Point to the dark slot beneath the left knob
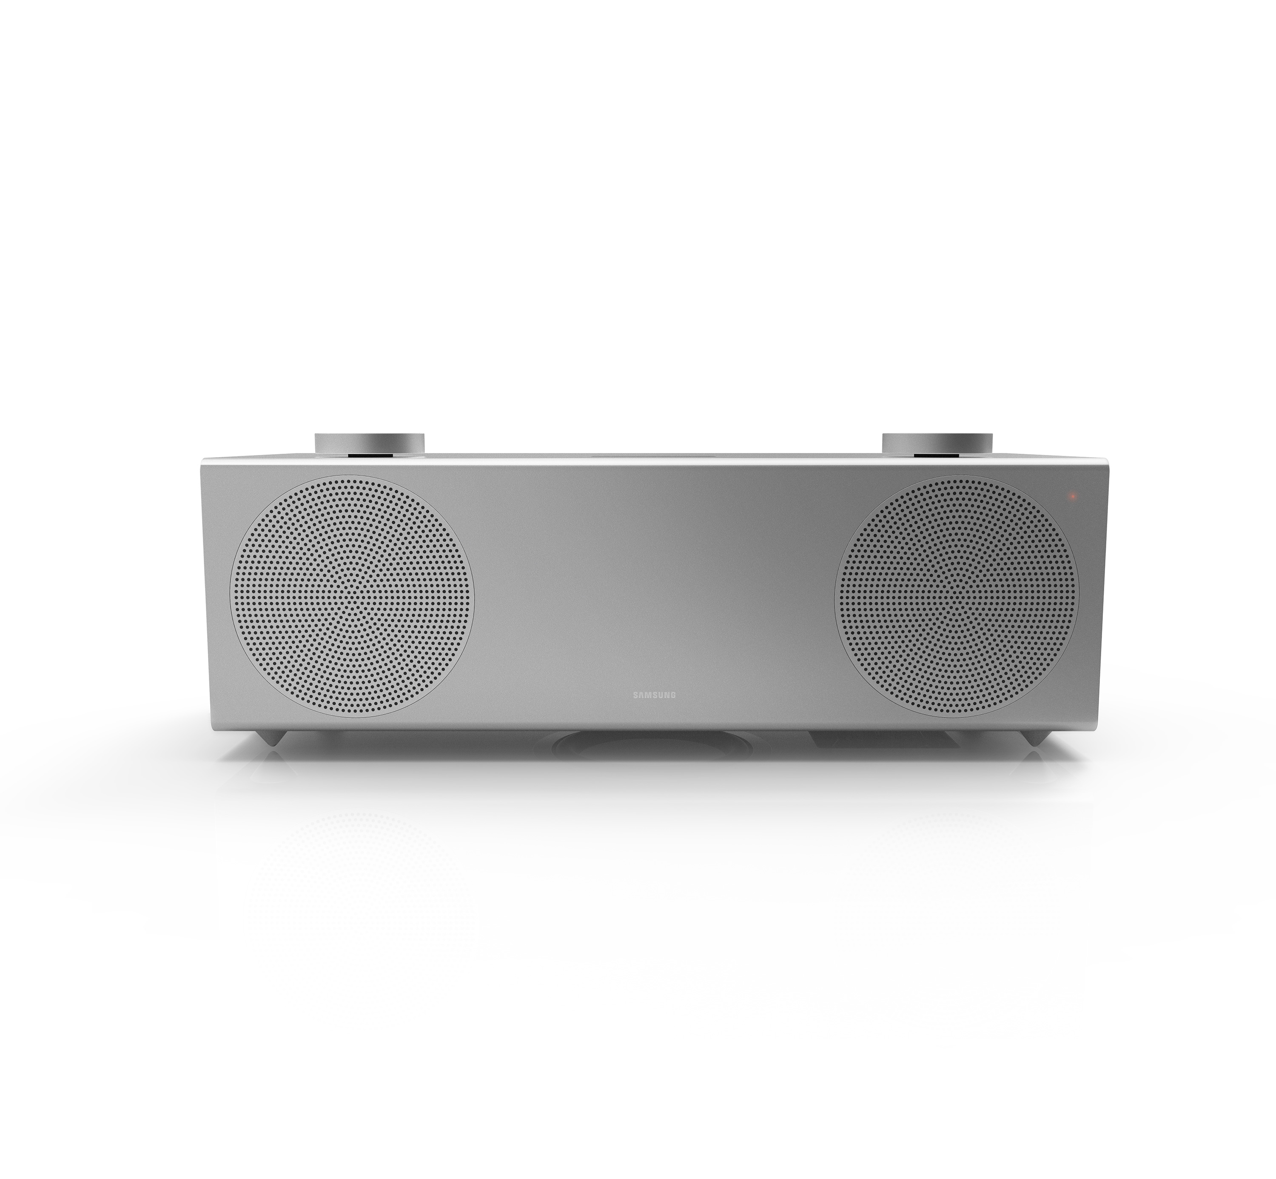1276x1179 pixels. click(369, 455)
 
